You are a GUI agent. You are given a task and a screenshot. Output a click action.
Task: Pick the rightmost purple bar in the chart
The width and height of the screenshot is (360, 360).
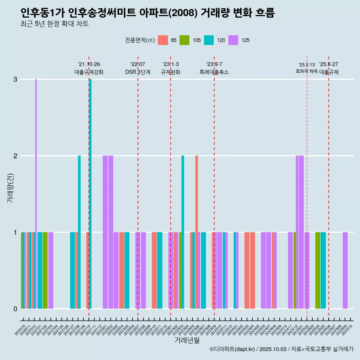[x=345, y=270]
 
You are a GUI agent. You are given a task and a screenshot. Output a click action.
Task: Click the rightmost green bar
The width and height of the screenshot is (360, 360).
[x=318, y=270]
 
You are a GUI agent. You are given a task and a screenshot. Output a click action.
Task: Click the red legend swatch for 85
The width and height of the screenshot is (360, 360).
[x=163, y=40]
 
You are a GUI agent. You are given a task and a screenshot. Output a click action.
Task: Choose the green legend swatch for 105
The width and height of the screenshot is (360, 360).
[x=184, y=40]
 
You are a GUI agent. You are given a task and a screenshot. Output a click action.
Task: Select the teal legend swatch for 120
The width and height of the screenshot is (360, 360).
[x=209, y=40]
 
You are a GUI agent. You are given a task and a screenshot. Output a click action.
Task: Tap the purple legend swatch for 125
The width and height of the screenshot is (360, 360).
[x=233, y=40]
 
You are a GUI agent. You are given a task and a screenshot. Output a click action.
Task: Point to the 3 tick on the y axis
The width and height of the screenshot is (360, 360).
[x=15, y=79]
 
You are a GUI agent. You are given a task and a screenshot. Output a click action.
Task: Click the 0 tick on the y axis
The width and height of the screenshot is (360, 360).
[x=15, y=309]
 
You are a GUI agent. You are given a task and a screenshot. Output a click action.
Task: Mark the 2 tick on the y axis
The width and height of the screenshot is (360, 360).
[x=15, y=156]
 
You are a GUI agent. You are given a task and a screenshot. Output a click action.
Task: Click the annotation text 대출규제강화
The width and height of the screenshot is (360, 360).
[x=89, y=72]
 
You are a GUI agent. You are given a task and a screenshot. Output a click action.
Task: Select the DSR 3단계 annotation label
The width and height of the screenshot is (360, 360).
[x=138, y=72]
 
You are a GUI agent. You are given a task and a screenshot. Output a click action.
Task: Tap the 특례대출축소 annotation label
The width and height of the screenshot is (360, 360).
[x=214, y=72]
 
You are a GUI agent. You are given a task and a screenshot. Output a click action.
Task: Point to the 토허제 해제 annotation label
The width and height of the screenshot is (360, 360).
[x=307, y=71]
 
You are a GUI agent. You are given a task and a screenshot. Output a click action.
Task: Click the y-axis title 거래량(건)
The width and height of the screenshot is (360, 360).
[x=10, y=187]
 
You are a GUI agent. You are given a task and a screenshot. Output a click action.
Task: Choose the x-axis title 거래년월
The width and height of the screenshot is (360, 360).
[x=187, y=340]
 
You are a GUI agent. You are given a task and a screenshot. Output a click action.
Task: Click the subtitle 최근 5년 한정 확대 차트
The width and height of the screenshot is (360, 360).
[x=54, y=24]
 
